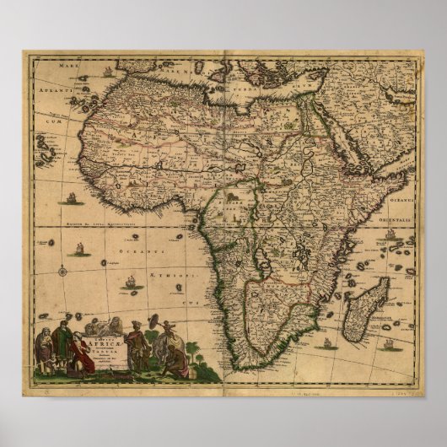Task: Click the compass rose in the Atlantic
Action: tap(62, 271)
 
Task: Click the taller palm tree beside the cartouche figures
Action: tap(192, 348)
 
